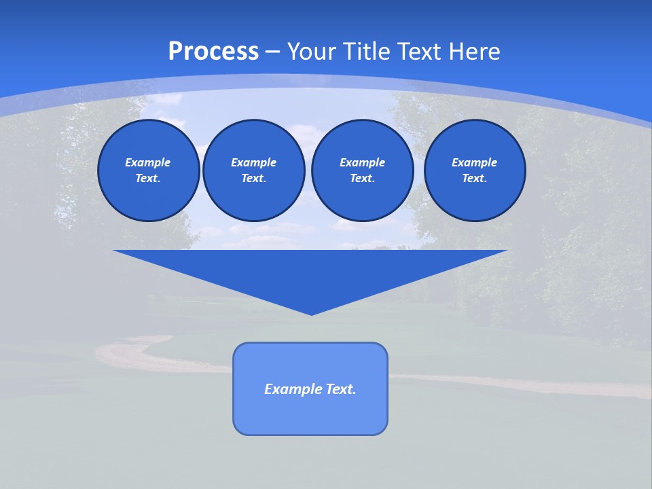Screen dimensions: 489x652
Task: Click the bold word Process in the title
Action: [x=213, y=52]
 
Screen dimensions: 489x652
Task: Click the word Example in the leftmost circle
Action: [x=148, y=162]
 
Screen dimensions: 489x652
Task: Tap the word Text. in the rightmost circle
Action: [x=475, y=179]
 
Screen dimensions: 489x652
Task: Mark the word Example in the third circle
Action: [x=362, y=162]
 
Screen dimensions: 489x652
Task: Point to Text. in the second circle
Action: [x=253, y=179]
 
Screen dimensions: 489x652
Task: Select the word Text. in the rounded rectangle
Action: [x=341, y=389]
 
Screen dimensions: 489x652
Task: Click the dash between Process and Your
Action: [x=272, y=52]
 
